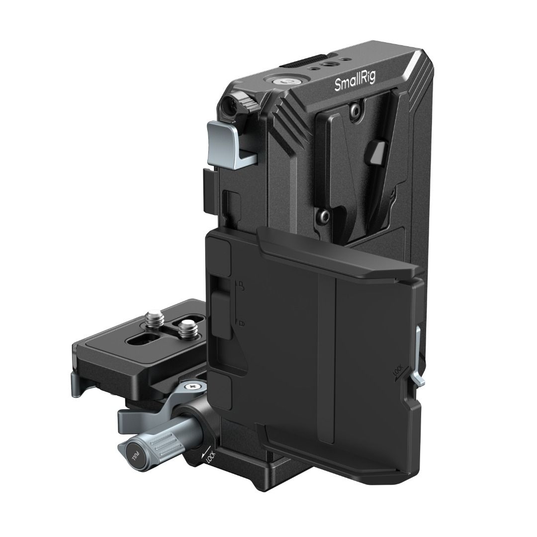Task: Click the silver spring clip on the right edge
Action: pyautogui.click(x=419, y=363)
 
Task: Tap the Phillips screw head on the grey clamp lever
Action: pyautogui.click(x=192, y=385)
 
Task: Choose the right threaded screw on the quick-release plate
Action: pyautogui.click(x=187, y=327)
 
